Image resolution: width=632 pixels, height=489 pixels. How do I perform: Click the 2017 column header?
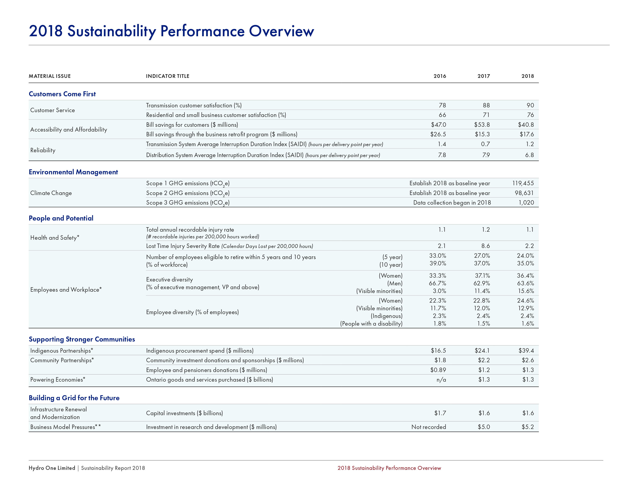(484, 76)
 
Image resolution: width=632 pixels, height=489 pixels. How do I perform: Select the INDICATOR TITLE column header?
(168, 76)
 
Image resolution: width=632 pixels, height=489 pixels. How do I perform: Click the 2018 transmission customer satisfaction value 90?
(530, 105)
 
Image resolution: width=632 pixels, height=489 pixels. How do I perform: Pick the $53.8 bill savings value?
(482, 125)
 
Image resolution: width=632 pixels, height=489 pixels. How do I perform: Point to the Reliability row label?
(43, 150)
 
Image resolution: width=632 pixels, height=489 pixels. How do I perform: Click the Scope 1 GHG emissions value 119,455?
(523, 183)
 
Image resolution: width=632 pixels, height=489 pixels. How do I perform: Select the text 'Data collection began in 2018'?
(452, 203)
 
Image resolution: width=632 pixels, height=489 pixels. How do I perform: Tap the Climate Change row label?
(51, 193)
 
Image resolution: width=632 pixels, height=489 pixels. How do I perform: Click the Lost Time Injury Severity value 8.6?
(485, 246)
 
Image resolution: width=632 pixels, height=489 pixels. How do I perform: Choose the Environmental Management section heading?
(73, 172)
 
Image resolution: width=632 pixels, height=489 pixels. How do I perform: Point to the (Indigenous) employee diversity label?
(387, 316)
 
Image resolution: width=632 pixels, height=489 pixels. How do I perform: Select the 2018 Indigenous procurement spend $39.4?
(526, 351)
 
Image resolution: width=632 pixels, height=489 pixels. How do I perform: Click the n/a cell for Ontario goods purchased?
(441, 380)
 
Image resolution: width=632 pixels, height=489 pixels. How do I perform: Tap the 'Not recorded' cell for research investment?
(429, 427)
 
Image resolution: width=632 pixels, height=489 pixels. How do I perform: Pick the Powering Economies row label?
(58, 380)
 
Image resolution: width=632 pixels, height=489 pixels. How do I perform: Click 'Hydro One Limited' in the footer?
(52, 468)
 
